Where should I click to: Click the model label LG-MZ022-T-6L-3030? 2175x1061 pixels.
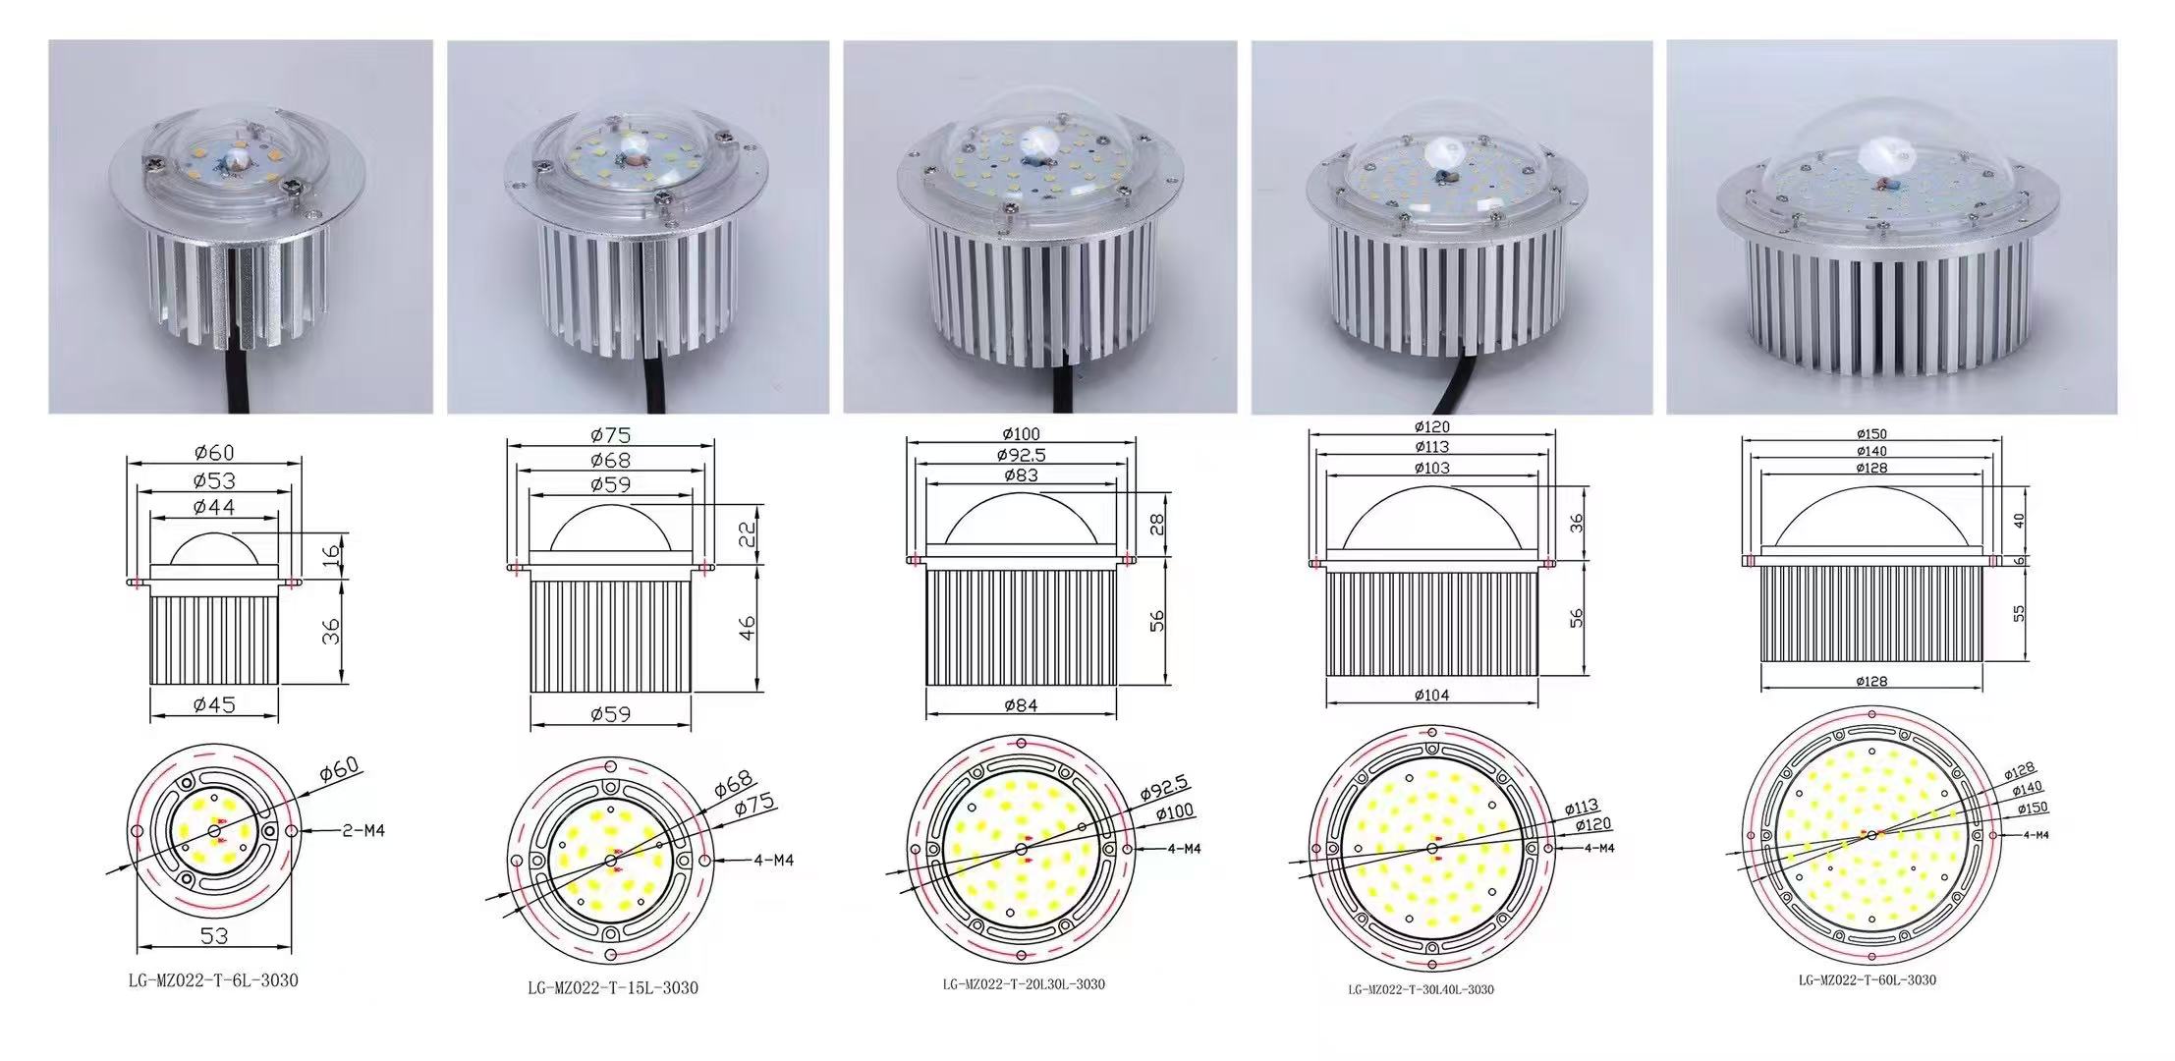click(x=213, y=980)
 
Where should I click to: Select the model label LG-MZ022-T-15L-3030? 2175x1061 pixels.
click(x=613, y=987)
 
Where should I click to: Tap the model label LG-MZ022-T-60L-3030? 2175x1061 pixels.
click(x=1867, y=979)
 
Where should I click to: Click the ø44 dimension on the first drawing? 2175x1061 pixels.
click(x=214, y=507)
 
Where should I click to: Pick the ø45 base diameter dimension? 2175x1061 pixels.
click(x=214, y=704)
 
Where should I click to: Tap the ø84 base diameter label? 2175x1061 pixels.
click(x=1021, y=704)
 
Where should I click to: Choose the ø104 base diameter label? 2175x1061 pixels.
click(x=1431, y=695)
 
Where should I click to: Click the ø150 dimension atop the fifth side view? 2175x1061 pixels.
click(x=1871, y=434)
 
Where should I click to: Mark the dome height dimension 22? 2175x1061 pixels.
click(x=748, y=533)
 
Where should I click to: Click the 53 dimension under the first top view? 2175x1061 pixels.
click(x=214, y=936)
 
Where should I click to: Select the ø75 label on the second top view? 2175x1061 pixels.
click(x=754, y=805)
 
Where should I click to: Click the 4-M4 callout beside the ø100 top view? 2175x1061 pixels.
click(x=1183, y=848)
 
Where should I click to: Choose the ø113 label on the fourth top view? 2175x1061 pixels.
click(x=1579, y=808)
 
